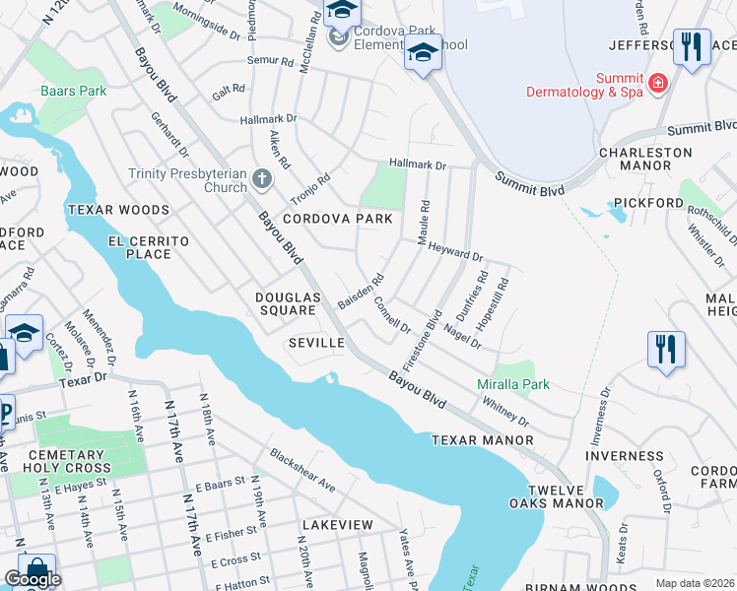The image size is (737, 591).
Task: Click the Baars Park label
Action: coord(60,91)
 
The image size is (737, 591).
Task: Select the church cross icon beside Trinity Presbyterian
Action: coord(261,179)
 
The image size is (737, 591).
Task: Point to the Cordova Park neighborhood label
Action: coord(330,219)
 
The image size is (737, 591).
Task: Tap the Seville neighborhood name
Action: coord(315,343)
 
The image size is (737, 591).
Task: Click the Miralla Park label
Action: coord(513,384)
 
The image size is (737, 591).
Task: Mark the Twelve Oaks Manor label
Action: coord(566,496)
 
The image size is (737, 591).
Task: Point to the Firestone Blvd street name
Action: coord(421,340)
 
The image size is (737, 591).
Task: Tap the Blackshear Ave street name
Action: coord(302,472)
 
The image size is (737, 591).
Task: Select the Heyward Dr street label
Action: coord(454,253)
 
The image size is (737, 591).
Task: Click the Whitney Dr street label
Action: coord(506,412)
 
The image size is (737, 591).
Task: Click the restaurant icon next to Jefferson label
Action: coord(692,46)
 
